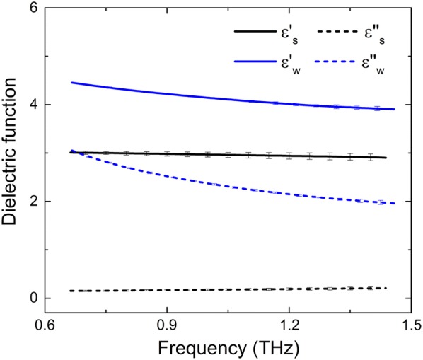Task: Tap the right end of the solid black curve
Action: (386, 158)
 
